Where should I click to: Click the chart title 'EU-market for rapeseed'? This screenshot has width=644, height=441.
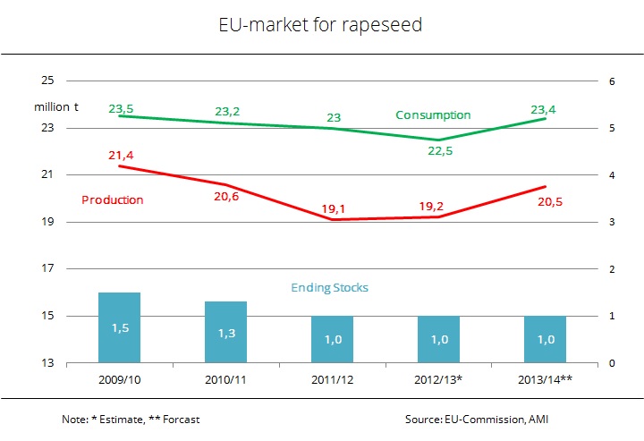pos(320,26)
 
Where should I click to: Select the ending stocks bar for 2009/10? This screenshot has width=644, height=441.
pos(120,327)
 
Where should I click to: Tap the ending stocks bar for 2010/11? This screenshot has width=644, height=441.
pos(226,332)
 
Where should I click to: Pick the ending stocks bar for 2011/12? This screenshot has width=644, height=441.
pos(333,340)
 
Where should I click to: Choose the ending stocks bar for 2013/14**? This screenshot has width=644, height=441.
pos(546,340)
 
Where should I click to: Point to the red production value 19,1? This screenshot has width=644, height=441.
pos(333,208)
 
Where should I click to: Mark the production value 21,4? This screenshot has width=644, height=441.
pos(120,156)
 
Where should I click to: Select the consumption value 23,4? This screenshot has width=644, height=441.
pos(544,110)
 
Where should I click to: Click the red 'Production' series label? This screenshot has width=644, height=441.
pos(112,199)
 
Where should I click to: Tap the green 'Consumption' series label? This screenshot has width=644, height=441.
pos(433,115)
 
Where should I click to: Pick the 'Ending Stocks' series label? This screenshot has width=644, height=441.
pos(329,287)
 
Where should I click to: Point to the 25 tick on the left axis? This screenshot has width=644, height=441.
pos(47,81)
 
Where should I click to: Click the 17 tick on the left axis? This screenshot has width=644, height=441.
pos(47,269)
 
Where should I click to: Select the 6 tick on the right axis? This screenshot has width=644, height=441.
pos(612,81)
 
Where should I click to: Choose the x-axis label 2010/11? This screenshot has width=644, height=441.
pos(226,380)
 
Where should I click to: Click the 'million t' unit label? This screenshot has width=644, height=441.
pos(56,107)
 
